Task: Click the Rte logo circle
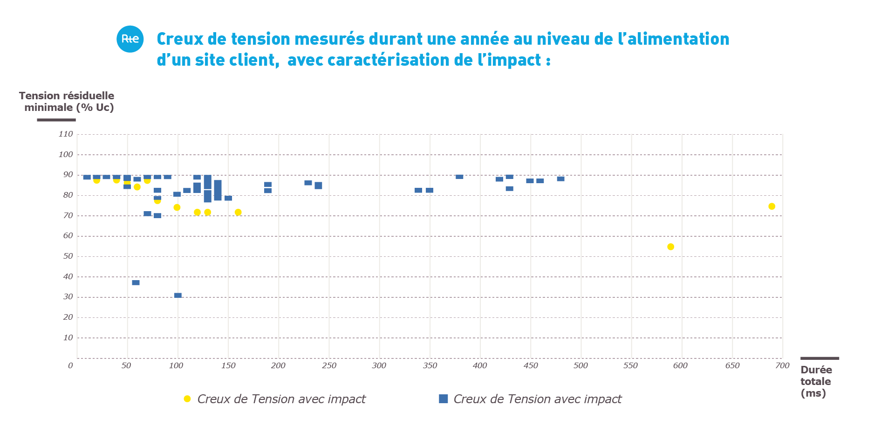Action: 130,39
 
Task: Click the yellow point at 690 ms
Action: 772,206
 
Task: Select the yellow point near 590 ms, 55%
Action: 670,247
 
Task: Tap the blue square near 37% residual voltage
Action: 136,282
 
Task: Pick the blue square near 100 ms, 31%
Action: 178,295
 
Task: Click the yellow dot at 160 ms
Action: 238,213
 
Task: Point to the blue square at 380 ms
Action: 459,177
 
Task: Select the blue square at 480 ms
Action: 560,179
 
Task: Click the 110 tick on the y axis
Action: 66,134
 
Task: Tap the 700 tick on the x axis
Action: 782,365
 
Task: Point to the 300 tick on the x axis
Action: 379,365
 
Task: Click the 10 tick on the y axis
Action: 68,337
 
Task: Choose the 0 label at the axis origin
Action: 70,365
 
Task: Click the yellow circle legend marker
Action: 187,399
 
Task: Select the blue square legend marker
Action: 444,399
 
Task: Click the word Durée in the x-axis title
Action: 816,370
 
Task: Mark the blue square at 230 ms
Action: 308,183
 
